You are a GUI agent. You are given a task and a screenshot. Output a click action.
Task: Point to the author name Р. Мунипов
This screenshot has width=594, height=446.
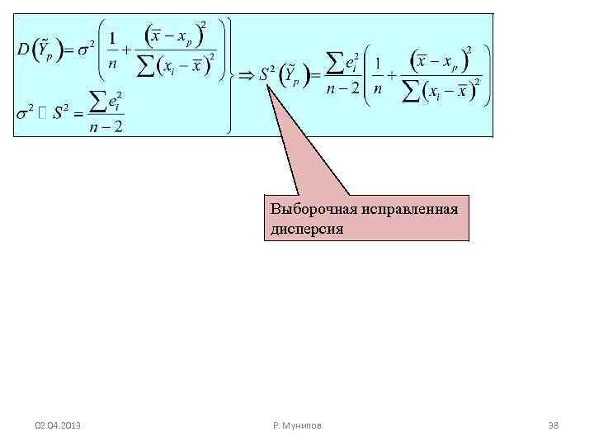click(297, 425)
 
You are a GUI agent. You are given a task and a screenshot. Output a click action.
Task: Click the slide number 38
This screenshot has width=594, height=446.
click(554, 425)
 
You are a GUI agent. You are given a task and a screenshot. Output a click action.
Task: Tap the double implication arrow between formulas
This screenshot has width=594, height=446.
click(245, 75)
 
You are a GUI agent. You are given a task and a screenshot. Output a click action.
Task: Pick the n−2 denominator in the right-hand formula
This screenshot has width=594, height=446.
click(342, 89)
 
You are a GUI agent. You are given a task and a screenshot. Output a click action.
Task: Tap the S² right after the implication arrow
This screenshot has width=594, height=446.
click(266, 74)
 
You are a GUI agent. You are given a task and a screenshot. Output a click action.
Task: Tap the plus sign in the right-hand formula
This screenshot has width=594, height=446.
click(394, 75)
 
